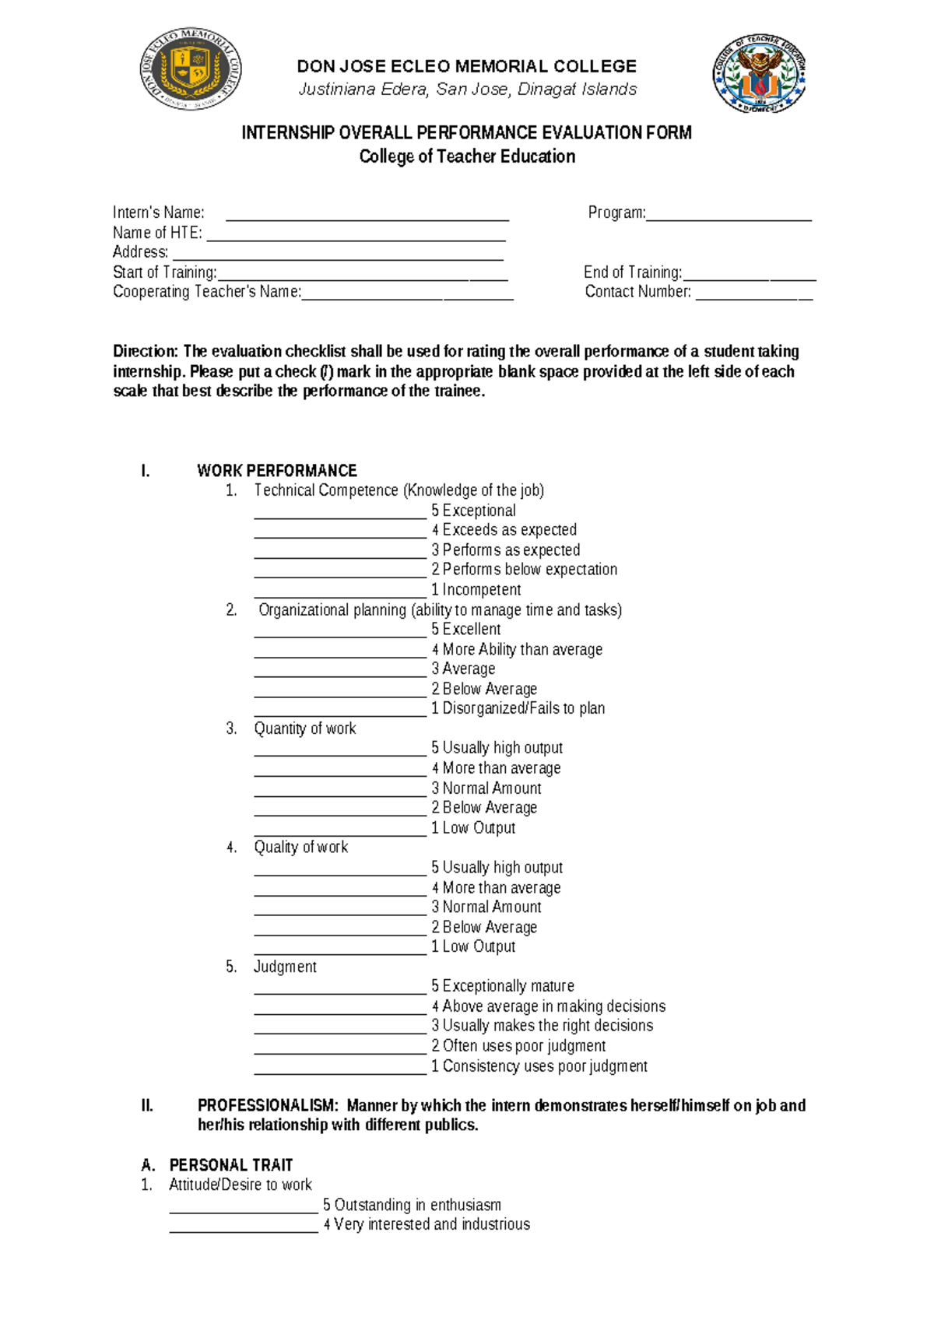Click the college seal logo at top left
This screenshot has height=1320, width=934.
coord(191,69)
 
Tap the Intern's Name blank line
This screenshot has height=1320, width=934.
coord(367,217)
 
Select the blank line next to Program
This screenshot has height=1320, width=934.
coord(729,217)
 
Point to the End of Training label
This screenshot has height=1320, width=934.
coord(632,272)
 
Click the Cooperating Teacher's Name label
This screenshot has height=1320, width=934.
coord(206,292)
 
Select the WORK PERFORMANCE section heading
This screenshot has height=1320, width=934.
coord(276,471)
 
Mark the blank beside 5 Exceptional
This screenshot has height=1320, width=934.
coord(340,514)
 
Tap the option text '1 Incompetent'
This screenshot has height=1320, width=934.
coord(476,590)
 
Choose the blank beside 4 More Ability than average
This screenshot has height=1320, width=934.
coord(340,652)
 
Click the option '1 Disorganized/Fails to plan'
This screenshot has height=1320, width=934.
coord(518,709)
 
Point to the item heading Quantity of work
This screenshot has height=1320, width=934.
coord(304,728)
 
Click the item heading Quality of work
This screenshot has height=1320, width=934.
coord(300,848)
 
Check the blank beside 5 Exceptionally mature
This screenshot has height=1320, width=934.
coord(340,989)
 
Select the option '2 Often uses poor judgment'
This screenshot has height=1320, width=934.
coord(518,1046)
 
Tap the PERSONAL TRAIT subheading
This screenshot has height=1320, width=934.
coord(230,1165)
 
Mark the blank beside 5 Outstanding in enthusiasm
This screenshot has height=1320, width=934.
coord(244,1209)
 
